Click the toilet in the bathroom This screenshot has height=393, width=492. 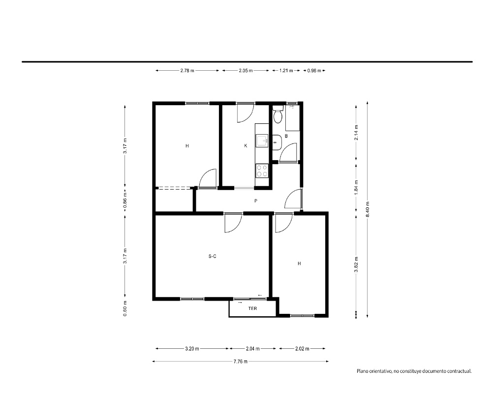point(277,114)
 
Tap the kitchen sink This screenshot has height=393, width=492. point(262,140)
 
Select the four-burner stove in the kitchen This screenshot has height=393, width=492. point(262,171)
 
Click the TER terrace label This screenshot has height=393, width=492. point(252,309)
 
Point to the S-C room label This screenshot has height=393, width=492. point(213,256)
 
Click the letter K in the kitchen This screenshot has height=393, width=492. point(246,146)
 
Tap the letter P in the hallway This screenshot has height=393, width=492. point(256,201)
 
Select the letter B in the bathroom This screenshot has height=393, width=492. point(286,136)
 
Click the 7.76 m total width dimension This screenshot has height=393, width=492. point(241,362)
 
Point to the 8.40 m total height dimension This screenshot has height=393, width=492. point(368,209)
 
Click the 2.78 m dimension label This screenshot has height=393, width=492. point(187,71)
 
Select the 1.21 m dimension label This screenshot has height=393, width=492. point(286,71)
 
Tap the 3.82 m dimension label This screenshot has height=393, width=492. point(356,265)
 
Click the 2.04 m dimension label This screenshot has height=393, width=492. point(252,348)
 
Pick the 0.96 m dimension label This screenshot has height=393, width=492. point(314,71)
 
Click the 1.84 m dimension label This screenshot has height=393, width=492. point(356,187)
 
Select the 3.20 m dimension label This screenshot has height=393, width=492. point(192,348)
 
